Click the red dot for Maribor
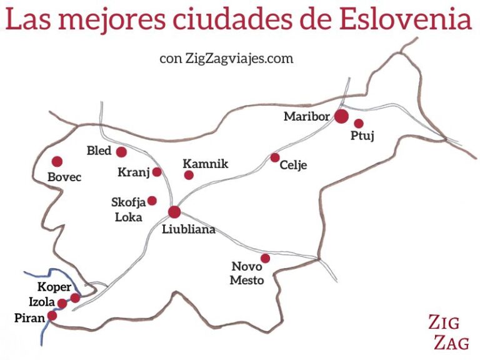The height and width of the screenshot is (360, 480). pyautogui.click(x=341, y=116)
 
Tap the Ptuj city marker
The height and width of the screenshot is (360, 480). pyautogui.click(x=359, y=124)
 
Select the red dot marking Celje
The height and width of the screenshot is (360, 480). pyautogui.click(x=275, y=157)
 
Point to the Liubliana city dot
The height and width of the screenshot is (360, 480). pyautogui.click(x=174, y=212)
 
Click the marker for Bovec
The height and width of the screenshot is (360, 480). pyautogui.click(x=57, y=161)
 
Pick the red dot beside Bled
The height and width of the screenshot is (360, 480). pyautogui.click(x=121, y=152)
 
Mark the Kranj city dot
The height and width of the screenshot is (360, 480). pyautogui.click(x=157, y=172)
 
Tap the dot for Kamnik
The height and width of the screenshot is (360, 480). pyautogui.click(x=189, y=175)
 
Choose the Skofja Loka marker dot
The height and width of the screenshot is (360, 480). pyautogui.click(x=151, y=201)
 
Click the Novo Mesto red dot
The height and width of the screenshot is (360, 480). pyautogui.click(x=265, y=258)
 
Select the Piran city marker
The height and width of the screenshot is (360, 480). pyautogui.click(x=52, y=316)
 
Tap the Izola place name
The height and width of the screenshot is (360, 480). pyautogui.click(x=41, y=302)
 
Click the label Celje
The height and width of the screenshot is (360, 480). pyautogui.click(x=294, y=166)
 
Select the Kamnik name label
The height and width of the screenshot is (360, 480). pyautogui.click(x=206, y=164)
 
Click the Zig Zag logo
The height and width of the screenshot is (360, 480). pyautogui.click(x=449, y=332)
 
